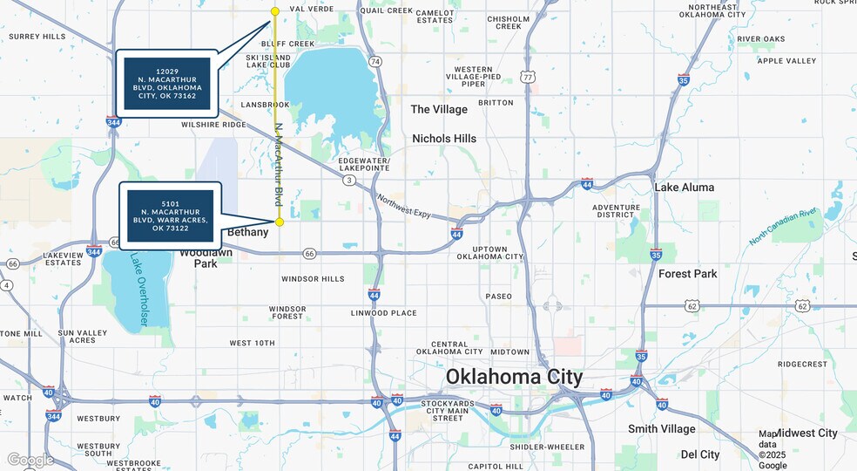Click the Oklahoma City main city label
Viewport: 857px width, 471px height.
coord(514,377)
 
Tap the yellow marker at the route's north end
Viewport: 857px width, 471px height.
coord(275,11)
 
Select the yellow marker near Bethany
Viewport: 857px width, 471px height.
coord(280,222)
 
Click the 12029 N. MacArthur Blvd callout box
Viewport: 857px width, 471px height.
coord(167,84)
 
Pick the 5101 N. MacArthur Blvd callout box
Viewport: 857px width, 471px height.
coord(170,215)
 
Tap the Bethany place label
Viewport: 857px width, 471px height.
coord(247,233)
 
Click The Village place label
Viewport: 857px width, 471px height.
coord(439,109)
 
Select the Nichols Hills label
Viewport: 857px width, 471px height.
coord(444,139)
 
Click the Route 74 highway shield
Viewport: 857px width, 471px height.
coord(375,61)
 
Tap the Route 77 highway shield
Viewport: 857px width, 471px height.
coord(528,77)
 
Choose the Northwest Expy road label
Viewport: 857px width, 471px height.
coord(406,206)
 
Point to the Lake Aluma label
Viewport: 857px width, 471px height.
coord(684,188)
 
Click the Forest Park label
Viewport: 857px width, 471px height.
coord(687,274)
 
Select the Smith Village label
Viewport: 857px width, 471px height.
coord(662,429)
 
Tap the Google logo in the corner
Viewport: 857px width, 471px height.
coord(30,460)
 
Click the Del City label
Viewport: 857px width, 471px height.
coord(700,454)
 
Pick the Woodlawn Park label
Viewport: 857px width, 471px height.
coord(206,257)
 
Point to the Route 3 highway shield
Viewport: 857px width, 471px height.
coord(349,180)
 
